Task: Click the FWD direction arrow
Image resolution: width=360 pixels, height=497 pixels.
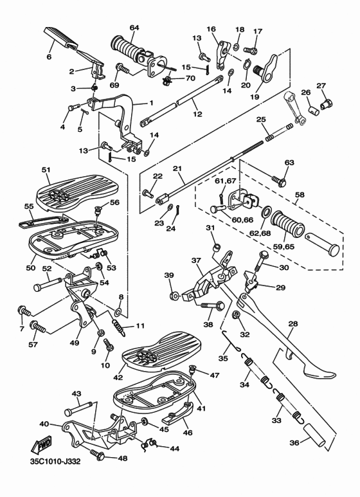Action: coord(40,446)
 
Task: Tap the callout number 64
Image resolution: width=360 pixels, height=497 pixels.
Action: coord(134,28)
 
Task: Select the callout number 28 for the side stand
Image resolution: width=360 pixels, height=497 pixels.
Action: coord(293,324)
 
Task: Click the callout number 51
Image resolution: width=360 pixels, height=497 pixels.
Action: coord(46,170)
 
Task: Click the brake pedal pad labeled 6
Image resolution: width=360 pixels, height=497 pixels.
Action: coord(61,38)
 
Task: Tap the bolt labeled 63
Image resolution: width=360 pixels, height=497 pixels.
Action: coord(279,181)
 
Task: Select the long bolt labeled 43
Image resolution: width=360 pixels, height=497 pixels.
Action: coord(78,408)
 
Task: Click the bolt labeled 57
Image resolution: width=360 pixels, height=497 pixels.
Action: coord(39,328)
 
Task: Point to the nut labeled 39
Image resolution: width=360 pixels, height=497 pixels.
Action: coord(174,296)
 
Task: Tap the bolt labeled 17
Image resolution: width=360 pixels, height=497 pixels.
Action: coord(249,50)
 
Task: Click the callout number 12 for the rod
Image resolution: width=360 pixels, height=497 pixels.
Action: coord(198,114)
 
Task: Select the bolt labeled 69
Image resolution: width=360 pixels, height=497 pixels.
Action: coord(122,68)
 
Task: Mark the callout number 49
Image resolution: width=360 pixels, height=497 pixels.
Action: coord(75,343)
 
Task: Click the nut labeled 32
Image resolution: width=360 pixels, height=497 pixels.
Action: coord(236,315)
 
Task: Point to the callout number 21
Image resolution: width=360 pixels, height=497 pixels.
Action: coord(177,168)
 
